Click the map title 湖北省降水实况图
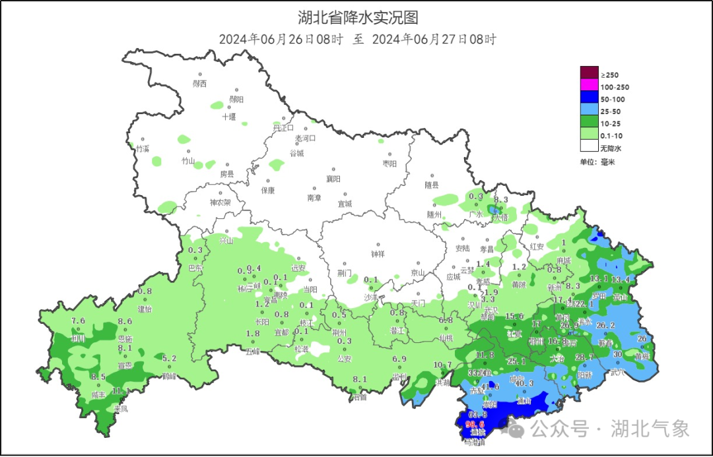(x=358, y=17)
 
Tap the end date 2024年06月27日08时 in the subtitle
(x=434, y=40)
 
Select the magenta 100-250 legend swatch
(x=589, y=86)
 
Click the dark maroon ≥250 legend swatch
(x=589, y=74)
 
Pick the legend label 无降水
(x=611, y=148)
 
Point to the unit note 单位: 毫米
(x=597, y=162)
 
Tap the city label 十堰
(x=228, y=117)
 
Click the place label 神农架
(x=221, y=202)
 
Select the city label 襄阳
(x=333, y=179)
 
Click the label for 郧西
(x=199, y=84)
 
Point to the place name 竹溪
(x=143, y=149)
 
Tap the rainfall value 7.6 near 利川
(x=78, y=321)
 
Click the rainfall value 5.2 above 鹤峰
(x=169, y=359)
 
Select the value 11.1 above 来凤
(x=120, y=391)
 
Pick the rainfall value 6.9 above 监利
(x=399, y=359)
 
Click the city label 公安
(x=345, y=359)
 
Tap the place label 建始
(x=145, y=309)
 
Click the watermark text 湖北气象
(x=650, y=429)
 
